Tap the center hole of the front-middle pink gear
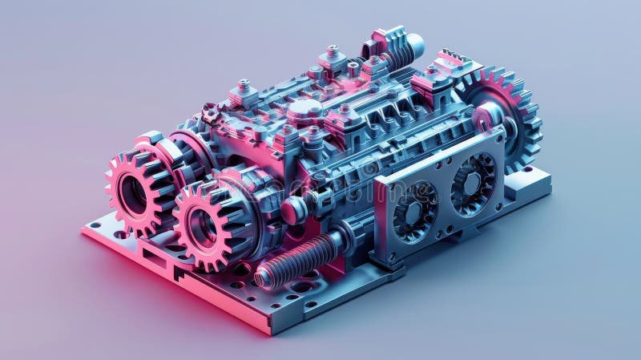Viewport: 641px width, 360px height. click(x=202, y=227)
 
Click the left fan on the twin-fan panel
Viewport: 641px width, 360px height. click(x=415, y=212)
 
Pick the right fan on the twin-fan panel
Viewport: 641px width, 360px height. click(x=473, y=184)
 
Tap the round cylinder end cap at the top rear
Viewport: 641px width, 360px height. click(x=416, y=45)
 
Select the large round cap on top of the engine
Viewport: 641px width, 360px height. click(x=305, y=109)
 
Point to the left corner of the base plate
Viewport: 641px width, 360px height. click(x=85, y=231)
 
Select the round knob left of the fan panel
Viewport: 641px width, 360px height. click(x=292, y=210)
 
